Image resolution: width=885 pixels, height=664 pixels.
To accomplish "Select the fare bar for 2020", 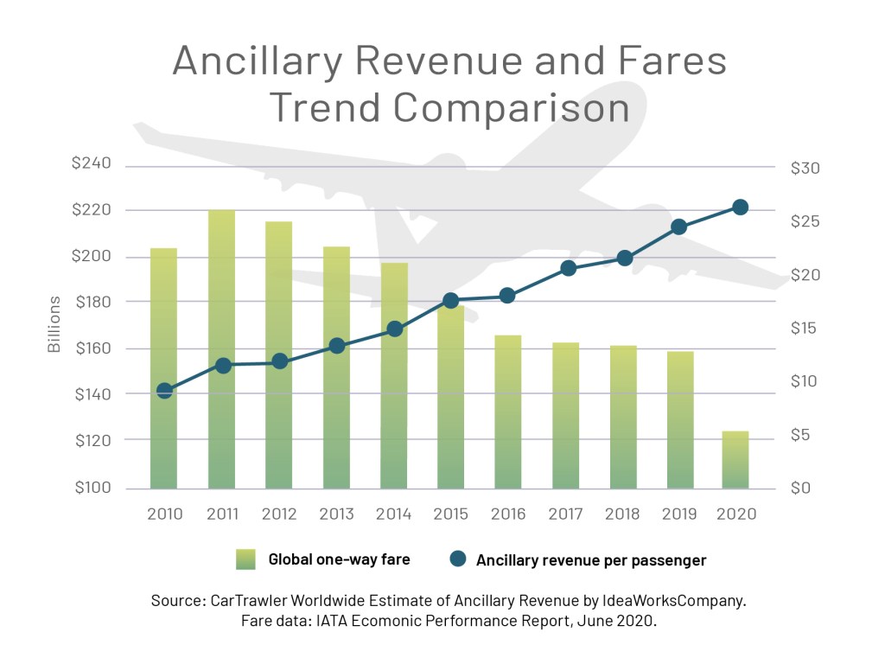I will pyautogui.click(x=735, y=459).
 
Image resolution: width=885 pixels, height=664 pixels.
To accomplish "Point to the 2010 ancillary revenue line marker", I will pyautogui.click(x=165, y=391).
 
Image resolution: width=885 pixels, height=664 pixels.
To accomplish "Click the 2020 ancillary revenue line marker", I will pyautogui.click(x=740, y=207).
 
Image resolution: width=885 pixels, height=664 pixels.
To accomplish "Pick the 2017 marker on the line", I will pyautogui.click(x=568, y=268).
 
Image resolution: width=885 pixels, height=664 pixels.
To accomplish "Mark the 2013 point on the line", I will pyautogui.click(x=337, y=346).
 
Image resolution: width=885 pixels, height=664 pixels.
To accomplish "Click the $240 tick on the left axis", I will pyautogui.click(x=93, y=165).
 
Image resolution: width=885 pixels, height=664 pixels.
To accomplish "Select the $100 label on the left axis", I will pyautogui.click(x=93, y=488).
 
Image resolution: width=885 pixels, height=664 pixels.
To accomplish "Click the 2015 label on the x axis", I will pyautogui.click(x=449, y=514).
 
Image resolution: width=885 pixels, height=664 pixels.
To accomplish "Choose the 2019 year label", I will pyautogui.click(x=678, y=514).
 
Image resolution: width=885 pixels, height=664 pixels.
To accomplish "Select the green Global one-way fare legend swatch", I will pyautogui.click(x=245, y=559).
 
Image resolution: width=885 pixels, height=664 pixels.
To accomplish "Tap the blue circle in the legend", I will pyautogui.click(x=458, y=559).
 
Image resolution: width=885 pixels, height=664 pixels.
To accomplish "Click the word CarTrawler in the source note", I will pyautogui.click(x=251, y=600).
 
